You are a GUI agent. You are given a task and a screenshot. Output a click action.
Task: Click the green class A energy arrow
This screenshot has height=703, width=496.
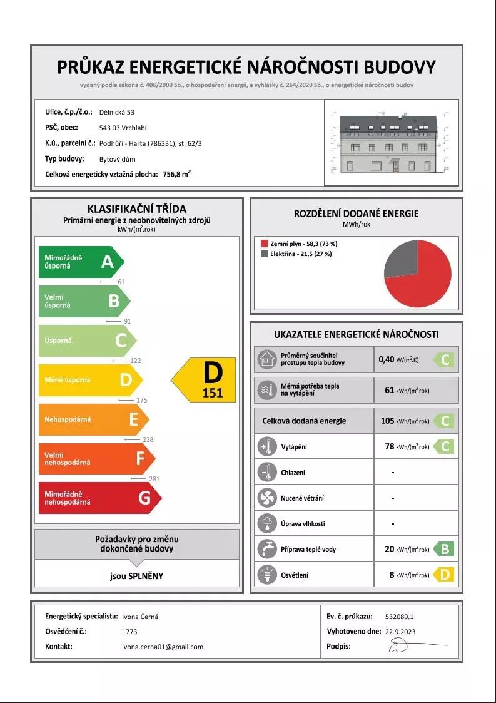point(81,262)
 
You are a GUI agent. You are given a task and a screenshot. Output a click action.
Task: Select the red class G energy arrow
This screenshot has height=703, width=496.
point(99,498)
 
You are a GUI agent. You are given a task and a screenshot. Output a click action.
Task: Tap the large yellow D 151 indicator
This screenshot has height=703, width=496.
point(206,379)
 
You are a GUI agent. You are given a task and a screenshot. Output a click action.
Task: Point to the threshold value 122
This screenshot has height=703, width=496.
point(135,361)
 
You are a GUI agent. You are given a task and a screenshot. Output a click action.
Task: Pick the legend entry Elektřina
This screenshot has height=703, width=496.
point(296,254)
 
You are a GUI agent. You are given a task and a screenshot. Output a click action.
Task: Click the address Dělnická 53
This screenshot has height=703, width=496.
point(117,112)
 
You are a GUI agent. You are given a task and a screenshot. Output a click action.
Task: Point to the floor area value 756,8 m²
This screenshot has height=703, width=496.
point(176,175)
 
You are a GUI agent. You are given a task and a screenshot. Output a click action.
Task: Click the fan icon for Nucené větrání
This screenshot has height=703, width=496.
point(267,498)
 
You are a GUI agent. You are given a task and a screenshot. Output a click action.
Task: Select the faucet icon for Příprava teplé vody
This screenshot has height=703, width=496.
point(267,549)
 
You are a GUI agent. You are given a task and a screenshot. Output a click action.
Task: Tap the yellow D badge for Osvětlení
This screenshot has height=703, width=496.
point(444,575)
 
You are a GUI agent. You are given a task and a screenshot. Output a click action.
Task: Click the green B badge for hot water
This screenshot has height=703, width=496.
point(444,549)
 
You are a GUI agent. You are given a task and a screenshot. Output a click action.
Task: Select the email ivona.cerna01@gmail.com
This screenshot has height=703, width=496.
point(162,647)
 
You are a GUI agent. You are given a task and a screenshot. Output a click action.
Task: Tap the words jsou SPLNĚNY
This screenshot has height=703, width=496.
point(136,576)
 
